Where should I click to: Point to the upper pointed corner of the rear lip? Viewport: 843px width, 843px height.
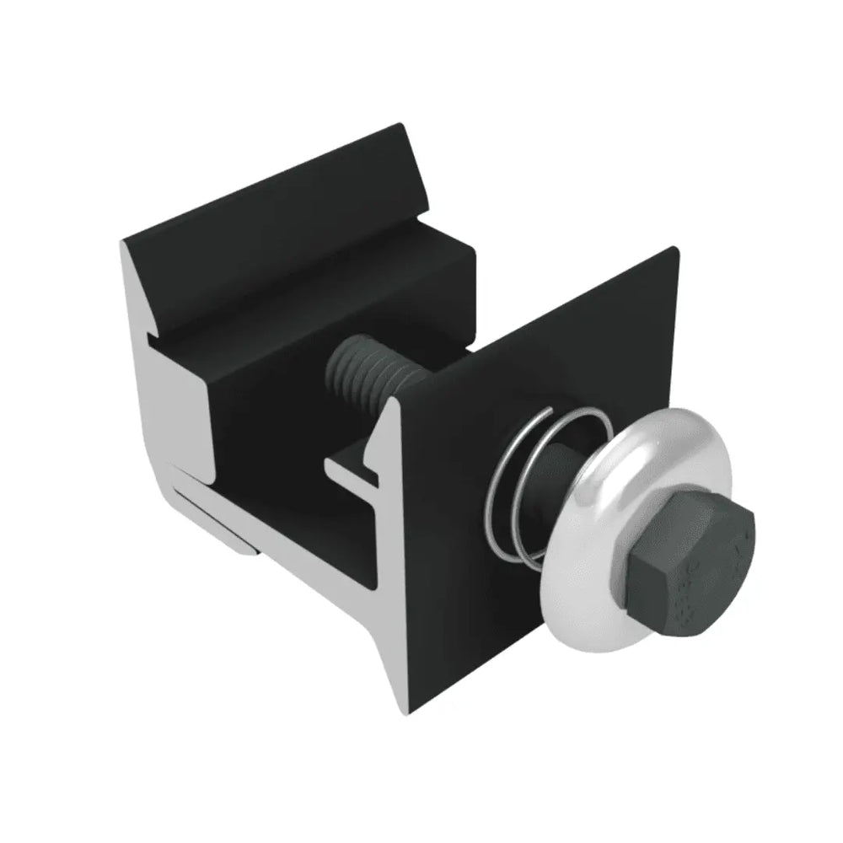[x=401, y=126]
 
